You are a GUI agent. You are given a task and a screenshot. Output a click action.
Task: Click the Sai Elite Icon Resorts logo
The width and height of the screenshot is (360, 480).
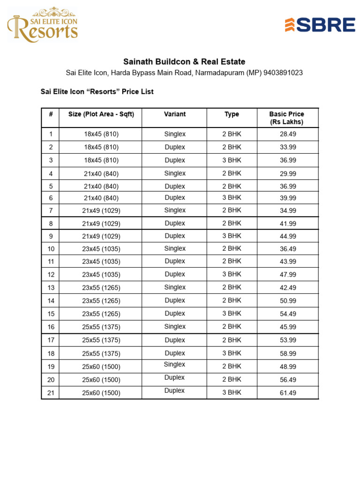tap(43, 25)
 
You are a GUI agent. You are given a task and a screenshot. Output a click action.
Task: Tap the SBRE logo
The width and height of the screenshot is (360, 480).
tap(320, 25)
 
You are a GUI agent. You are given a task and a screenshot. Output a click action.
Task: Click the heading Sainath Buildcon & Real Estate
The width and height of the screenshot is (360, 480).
tap(184, 62)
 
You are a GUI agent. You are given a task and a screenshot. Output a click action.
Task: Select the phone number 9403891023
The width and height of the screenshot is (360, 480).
tap(283, 73)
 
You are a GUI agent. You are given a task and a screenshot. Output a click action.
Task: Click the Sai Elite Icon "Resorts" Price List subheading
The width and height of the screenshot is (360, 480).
tap(97, 92)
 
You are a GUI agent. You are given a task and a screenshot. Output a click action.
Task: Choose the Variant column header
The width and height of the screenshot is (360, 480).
tap(175, 114)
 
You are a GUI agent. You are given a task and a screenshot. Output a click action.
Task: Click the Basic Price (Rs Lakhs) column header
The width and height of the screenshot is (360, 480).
tap(286, 118)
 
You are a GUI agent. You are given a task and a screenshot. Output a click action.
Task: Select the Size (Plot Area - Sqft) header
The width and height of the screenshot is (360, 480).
tap(101, 114)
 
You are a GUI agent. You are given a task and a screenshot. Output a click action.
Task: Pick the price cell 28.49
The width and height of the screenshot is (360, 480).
tap(288, 134)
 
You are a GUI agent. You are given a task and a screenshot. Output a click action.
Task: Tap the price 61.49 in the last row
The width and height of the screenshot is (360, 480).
tap(288, 393)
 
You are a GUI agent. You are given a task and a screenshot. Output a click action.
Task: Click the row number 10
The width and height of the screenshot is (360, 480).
tap(51, 249)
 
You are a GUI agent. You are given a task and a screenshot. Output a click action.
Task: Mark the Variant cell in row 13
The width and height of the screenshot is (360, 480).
tap(175, 287)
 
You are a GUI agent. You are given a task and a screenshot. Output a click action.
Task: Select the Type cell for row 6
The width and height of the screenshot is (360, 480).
tap(232, 198)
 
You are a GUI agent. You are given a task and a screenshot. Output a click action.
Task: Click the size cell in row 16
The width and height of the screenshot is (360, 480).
tap(101, 327)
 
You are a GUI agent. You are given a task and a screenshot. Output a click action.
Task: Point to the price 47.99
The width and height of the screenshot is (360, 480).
tap(288, 275)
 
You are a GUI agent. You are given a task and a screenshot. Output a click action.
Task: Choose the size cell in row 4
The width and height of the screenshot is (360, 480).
tap(101, 173)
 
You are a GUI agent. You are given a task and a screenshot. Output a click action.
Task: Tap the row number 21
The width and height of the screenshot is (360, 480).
tap(51, 393)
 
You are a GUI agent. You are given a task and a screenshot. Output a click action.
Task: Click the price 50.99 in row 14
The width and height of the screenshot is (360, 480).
tap(288, 301)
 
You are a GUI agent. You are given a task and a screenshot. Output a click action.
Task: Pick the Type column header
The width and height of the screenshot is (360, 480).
tap(232, 114)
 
